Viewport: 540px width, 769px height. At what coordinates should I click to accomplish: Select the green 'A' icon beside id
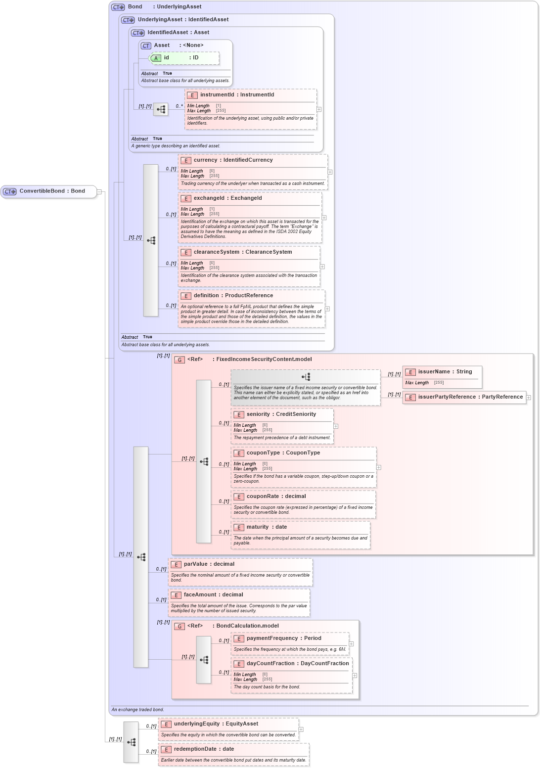tap(156, 58)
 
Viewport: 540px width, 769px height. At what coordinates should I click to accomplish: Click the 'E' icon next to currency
tap(186, 160)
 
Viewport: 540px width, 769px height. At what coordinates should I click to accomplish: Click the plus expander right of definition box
tap(327, 309)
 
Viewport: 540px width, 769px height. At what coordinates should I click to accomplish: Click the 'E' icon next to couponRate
tap(239, 497)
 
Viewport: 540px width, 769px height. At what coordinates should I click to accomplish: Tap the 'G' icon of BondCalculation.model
tap(180, 626)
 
